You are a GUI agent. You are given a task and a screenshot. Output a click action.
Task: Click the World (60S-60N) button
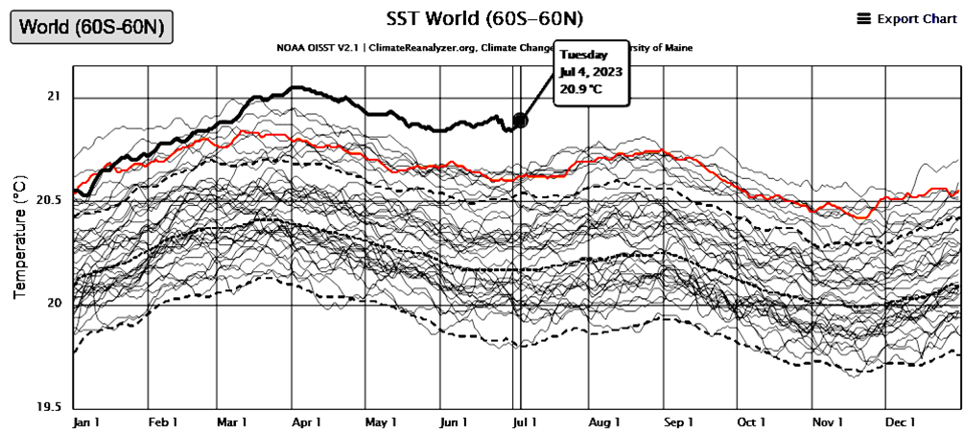tap(91, 27)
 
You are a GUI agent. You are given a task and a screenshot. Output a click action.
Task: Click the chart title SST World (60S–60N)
tap(484, 19)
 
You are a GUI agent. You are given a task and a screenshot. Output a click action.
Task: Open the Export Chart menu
tap(906, 18)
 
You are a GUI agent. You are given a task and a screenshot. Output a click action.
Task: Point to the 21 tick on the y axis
tap(53, 98)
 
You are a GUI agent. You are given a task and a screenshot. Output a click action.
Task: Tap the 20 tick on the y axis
tap(53, 304)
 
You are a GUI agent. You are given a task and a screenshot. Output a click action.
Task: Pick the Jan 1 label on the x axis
tap(86, 422)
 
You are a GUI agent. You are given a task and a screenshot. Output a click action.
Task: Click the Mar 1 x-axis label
tap(232, 422)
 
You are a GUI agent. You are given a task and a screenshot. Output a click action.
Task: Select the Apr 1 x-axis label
tap(306, 422)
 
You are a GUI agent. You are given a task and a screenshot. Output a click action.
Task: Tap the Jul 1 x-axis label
tap(525, 422)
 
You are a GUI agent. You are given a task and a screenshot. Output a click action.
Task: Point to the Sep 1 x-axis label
tap(678, 422)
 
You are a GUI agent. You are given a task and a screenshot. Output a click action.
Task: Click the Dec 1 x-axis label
tap(899, 422)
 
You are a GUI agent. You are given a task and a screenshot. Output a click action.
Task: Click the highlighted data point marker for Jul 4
tap(520, 120)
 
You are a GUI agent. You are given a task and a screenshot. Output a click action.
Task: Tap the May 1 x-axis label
tap(381, 422)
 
